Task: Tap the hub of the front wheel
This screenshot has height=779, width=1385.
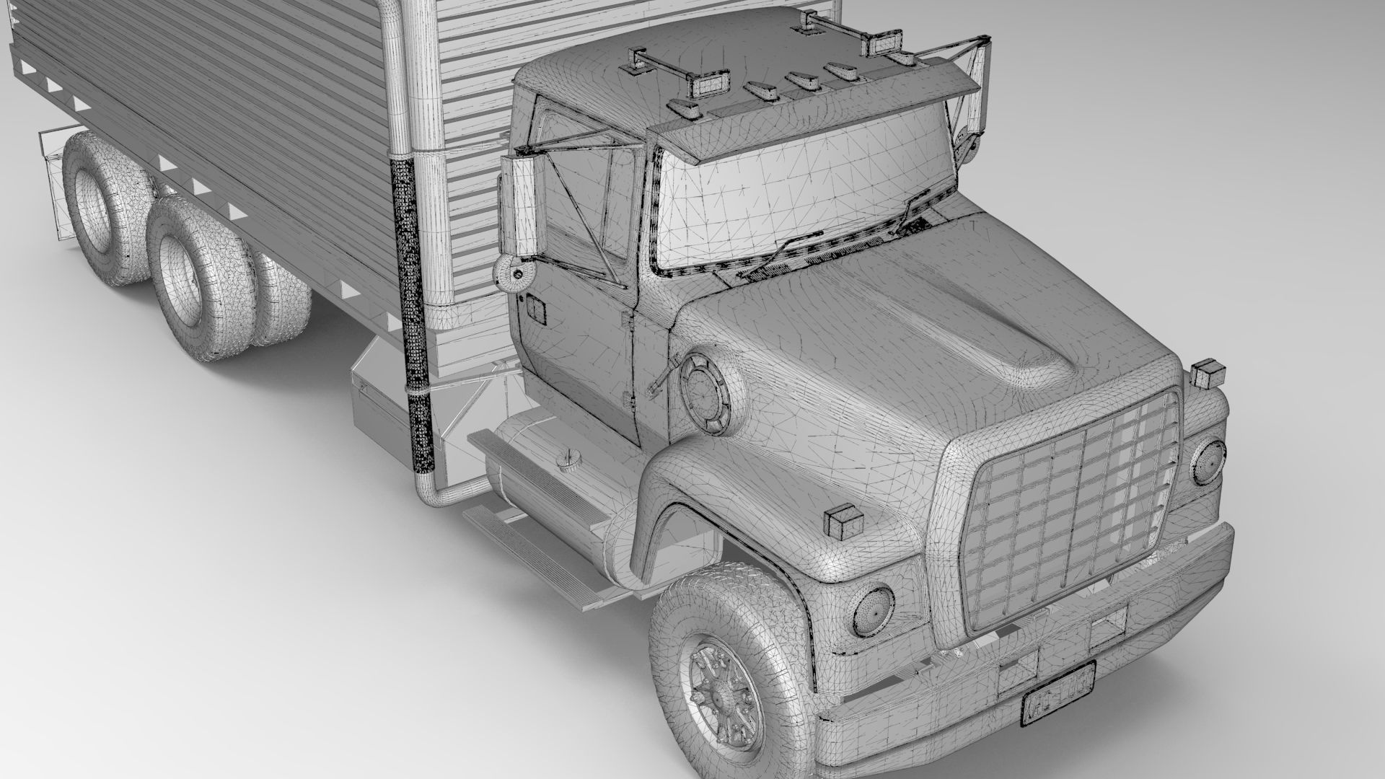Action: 718,685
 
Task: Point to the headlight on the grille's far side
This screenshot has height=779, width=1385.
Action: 1208,462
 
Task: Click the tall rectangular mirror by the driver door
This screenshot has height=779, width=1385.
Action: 520,209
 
